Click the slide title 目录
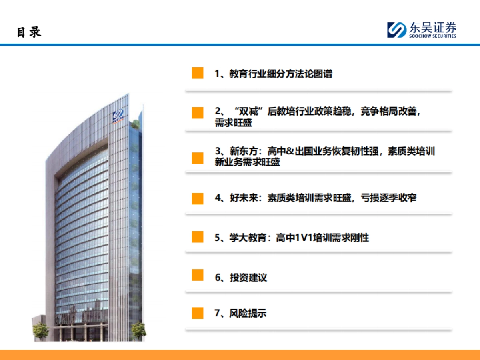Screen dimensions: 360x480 [x=29, y=32]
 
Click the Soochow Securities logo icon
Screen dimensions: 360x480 [x=396, y=30]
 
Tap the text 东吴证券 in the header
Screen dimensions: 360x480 [x=432, y=28]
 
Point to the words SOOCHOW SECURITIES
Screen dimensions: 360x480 [x=432, y=36]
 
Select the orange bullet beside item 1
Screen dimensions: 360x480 [x=198, y=73]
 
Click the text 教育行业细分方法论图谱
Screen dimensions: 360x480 [x=280, y=74]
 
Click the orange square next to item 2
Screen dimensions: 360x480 [x=198, y=113]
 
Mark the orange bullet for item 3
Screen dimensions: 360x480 [x=198, y=158]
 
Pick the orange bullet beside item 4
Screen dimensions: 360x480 [x=198, y=198]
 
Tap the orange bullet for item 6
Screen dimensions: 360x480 [x=198, y=275]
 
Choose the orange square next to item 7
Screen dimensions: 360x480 [x=198, y=313]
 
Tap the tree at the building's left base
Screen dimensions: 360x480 [x=41, y=330]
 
